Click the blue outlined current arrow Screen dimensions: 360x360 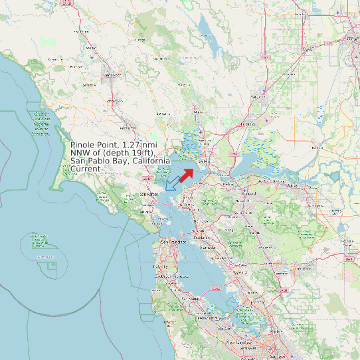pos(172,183)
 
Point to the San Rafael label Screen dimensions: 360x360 pos(150,193)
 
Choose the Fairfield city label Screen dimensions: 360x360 pos(247,124)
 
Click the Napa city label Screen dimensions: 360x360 pos(197,112)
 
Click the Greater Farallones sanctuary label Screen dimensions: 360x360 pos(41,124)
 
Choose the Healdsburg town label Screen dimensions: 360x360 pos(54,59)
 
